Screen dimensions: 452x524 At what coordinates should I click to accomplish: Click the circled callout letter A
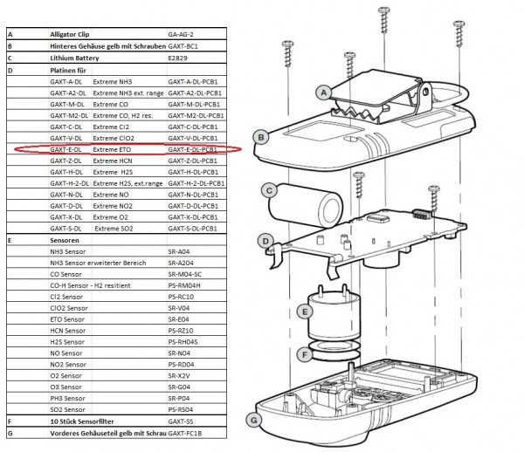pyautogui.click(x=322, y=92)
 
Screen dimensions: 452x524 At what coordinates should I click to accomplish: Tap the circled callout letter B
pyautogui.click(x=259, y=136)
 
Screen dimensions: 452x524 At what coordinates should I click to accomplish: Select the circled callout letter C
pyautogui.click(x=270, y=189)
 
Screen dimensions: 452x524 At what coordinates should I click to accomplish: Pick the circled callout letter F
pyautogui.click(x=303, y=355)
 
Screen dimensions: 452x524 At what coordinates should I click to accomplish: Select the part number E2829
pyautogui.click(x=180, y=58)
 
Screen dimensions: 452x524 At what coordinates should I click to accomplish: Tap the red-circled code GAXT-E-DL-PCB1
pyautogui.click(x=195, y=149)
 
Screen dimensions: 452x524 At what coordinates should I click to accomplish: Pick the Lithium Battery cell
pyautogui.click(x=74, y=58)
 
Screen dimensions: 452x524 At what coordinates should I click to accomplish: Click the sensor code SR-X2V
pyautogui.click(x=179, y=375)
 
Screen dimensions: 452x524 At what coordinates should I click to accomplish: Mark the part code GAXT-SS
pyautogui.click(x=181, y=421)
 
